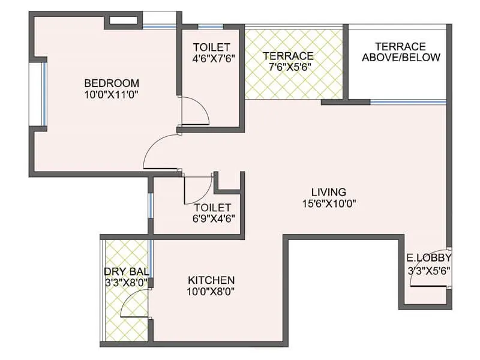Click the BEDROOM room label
[112, 83]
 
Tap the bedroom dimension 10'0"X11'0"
[112, 94]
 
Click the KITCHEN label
[211, 280]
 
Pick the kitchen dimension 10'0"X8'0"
[211, 292]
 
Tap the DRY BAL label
[126, 271]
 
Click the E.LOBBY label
[428, 258]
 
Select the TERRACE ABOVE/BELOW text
[400, 52]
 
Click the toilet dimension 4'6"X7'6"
[212, 59]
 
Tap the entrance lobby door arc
[427, 270]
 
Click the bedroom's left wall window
[44, 94]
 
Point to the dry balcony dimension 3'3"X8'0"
[126, 283]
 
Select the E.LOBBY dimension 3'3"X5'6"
[428, 270]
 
